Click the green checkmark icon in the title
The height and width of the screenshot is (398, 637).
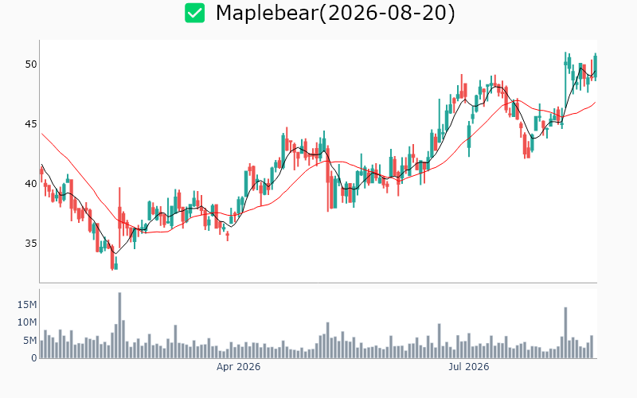(x=194, y=13)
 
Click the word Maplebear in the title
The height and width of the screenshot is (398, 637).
(x=267, y=13)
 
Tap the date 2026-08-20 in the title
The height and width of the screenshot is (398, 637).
(x=387, y=13)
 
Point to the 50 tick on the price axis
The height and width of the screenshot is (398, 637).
(x=31, y=64)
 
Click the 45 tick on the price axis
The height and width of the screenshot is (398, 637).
(x=31, y=124)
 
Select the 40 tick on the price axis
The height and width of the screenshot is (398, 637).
(x=31, y=184)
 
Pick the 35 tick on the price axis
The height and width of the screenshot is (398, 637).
(x=31, y=244)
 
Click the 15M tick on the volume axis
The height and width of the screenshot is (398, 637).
(x=27, y=305)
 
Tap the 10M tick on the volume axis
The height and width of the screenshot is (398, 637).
(x=27, y=322)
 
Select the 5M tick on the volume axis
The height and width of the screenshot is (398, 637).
(x=29, y=341)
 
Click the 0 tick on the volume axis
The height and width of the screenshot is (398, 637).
(x=34, y=358)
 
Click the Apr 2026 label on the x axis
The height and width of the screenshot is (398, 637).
(x=238, y=367)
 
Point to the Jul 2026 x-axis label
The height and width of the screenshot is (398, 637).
(x=469, y=367)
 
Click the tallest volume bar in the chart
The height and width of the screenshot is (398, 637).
(x=119, y=326)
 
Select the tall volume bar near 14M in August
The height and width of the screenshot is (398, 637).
(x=565, y=333)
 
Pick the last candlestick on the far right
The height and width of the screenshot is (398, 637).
(x=595, y=67)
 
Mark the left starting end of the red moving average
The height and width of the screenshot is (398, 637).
(x=41, y=133)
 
